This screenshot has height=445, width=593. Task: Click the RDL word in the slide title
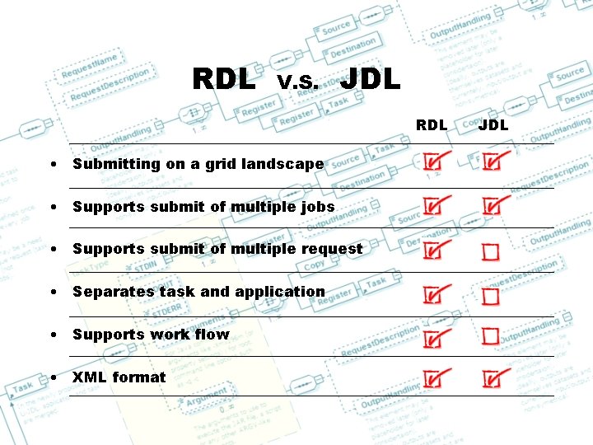223,79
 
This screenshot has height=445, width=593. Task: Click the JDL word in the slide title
370,79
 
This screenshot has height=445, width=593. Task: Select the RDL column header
432,125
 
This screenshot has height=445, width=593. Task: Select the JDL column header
493,125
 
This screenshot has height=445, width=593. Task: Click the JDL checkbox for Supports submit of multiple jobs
492,206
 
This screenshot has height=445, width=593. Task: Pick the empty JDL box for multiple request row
491,251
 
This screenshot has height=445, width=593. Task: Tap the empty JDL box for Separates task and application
491,295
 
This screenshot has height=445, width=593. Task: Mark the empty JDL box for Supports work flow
491,335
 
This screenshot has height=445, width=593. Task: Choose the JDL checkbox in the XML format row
492,378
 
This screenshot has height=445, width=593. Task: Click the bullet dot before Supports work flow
53,335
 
